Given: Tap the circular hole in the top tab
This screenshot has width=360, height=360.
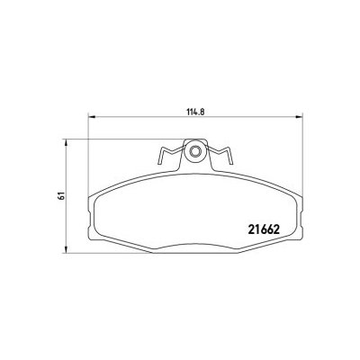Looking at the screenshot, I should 194,152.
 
